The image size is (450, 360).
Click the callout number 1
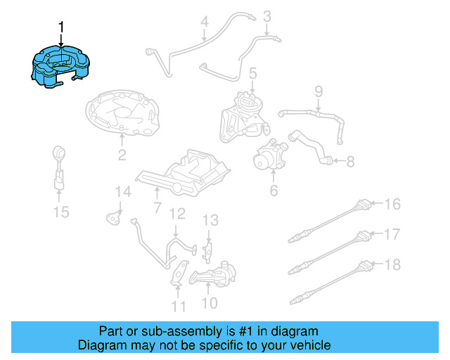click(x=61, y=27)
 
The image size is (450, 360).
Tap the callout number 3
click(x=267, y=15)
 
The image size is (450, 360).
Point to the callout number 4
click(x=204, y=22)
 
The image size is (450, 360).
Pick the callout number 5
click(x=252, y=72)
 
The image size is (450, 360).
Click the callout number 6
click(x=274, y=190)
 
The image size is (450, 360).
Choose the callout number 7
click(x=157, y=207)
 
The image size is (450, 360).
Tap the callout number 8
click(x=350, y=162)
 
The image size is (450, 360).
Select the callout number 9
click(x=318, y=91)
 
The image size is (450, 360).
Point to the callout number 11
click(x=179, y=306)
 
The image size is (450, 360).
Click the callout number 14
click(x=123, y=191)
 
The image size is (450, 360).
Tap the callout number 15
click(x=62, y=211)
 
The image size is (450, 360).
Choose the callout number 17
click(x=392, y=234)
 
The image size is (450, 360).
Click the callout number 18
click(x=392, y=264)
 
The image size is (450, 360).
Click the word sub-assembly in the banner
click(x=180, y=331)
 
